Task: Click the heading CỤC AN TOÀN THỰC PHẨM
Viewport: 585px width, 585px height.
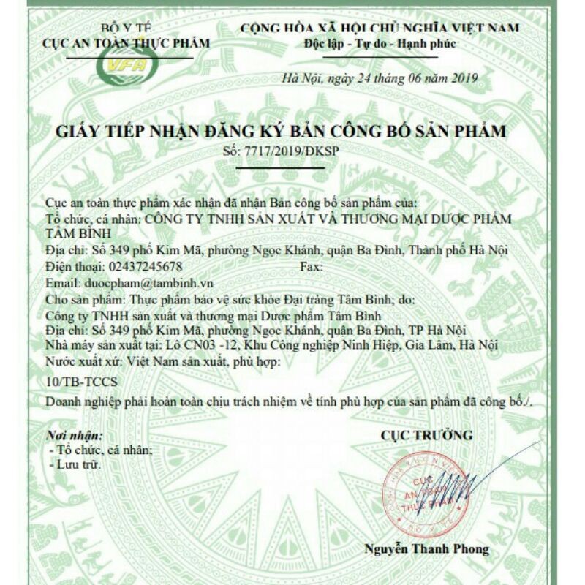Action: click(127, 43)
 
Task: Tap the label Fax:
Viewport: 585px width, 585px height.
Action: click(311, 266)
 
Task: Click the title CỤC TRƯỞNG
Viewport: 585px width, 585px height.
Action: click(426, 436)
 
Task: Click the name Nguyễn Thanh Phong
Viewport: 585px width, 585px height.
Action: click(427, 548)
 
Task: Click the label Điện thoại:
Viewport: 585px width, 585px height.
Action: click(75, 266)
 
